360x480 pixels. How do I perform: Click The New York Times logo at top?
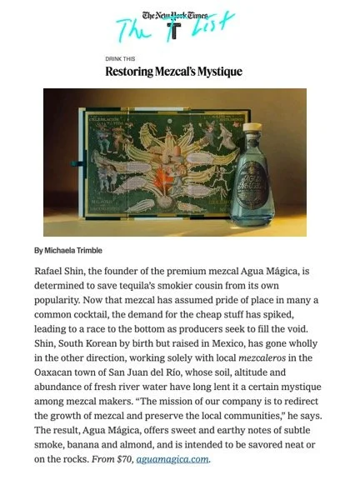(x=179, y=14)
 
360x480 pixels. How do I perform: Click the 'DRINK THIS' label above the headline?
(x=120, y=60)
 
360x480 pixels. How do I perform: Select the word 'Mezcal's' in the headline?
(x=182, y=72)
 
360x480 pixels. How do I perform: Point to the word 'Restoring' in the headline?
(x=132, y=72)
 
